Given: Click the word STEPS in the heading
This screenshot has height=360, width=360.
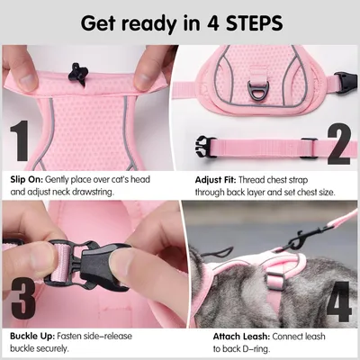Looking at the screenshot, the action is pyautogui.click(x=255, y=23).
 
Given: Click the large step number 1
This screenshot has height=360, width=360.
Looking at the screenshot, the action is pyautogui.click(x=20, y=140).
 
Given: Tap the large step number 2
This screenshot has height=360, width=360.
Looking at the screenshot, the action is pyautogui.click(x=338, y=143).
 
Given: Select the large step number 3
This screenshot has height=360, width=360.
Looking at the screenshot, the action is pyautogui.click(x=23, y=299).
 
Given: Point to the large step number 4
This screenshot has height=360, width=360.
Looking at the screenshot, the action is pyautogui.click(x=338, y=301).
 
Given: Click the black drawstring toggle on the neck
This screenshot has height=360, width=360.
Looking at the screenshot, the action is pyautogui.click(x=77, y=73).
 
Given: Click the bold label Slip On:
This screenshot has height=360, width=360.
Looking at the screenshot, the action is pyautogui.click(x=27, y=180).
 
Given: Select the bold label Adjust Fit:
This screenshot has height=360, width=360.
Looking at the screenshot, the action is pyautogui.click(x=216, y=180).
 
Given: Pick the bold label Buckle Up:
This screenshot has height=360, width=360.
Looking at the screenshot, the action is pyautogui.click(x=32, y=336).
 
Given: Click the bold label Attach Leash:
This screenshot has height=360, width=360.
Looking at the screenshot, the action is pyautogui.click(x=241, y=337).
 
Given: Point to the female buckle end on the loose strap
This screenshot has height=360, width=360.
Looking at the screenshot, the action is pyautogui.click(x=204, y=146).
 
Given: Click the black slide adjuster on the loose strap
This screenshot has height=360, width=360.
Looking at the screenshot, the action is pyautogui.click(x=309, y=148).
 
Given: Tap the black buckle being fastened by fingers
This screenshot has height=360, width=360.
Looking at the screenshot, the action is pyautogui.click(x=87, y=263).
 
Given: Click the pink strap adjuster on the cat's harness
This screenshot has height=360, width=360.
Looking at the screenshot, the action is pyautogui.click(x=274, y=281).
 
